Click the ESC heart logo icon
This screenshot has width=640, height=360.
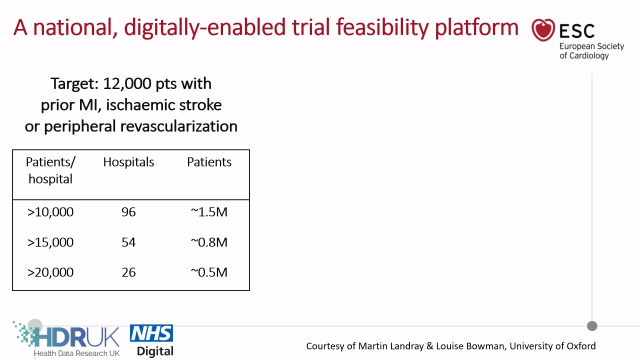click(x=543, y=30)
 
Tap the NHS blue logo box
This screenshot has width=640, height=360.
click(x=151, y=333)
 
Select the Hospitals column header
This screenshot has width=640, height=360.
click(x=128, y=162)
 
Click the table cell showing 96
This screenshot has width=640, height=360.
click(x=128, y=212)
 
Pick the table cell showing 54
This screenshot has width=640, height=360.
click(x=128, y=242)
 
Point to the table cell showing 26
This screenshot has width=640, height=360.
click(x=128, y=272)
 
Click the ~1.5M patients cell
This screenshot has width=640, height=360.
click(x=209, y=212)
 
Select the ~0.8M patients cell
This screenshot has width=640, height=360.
click(x=209, y=242)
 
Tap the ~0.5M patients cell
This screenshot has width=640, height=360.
click(x=209, y=272)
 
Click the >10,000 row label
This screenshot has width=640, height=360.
click(x=50, y=212)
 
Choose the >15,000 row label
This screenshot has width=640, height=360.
click(x=50, y=242)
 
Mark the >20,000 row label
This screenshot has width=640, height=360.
click(x=50, y=272)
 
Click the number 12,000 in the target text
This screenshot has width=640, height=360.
click(x=127, y=83)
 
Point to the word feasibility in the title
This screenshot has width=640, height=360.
click(x=382, y=27)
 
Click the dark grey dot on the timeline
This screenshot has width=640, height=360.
click(x=592, y=326)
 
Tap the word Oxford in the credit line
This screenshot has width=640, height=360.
click(x=581, y=346)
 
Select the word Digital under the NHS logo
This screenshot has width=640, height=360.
click(x=155, y=351)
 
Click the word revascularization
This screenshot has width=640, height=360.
click(x=179, y=126)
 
